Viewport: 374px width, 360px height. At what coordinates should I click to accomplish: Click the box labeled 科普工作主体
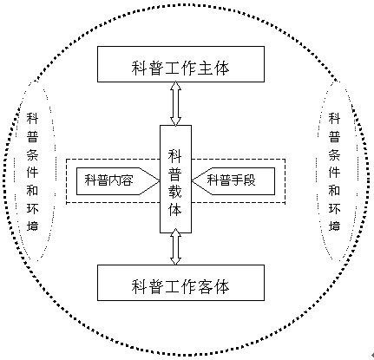click(x=180, y=64)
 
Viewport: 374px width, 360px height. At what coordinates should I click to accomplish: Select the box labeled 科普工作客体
click(x=180, y=283)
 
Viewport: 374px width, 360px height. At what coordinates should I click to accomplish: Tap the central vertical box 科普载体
click(x=175, y=179)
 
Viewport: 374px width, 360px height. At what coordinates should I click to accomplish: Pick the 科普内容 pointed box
click(x=118, y=181)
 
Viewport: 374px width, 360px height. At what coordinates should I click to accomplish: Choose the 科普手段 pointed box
click(x=233, y=181)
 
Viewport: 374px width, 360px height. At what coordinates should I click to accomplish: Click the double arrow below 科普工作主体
click(x=175, y=103)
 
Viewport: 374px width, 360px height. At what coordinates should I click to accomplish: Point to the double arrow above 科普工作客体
click(x=175, y=246)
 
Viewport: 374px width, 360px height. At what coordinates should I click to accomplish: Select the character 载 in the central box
click(x=175, y=191)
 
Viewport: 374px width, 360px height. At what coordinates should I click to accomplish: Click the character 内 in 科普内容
click(x=115, y=180)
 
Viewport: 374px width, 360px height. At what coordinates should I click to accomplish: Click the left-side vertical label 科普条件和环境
click(x=32, y=172)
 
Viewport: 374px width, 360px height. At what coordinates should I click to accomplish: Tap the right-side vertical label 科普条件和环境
click(x=334, y=172)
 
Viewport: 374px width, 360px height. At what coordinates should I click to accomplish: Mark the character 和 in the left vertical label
click(x=32, y=190)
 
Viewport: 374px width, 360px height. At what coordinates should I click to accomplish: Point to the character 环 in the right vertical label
click(x=334, y=208)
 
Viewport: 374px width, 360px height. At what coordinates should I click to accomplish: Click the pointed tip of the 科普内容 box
click(x=160, y=181)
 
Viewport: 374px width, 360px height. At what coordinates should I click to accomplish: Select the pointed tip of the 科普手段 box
click(x=192, y=181)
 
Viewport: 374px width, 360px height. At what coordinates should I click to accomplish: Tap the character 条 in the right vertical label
click(x=334, y=154)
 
